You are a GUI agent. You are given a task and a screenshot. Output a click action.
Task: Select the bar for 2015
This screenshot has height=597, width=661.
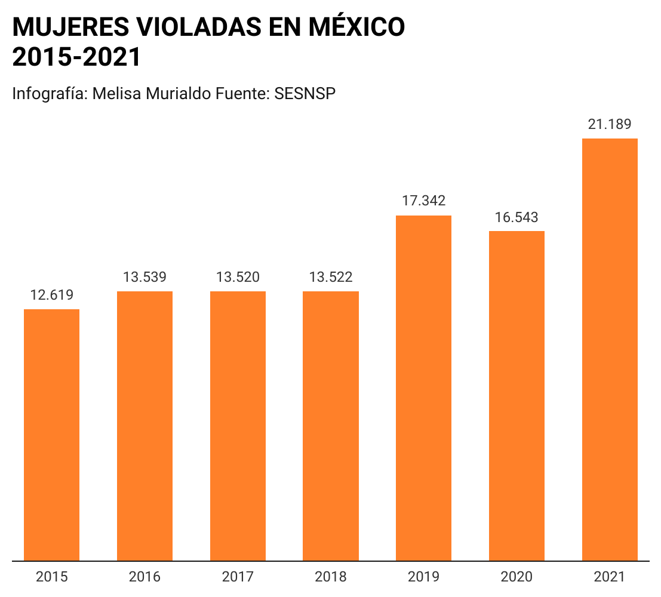[51, 435]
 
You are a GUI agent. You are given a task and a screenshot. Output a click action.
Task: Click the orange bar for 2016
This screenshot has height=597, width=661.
[145, 426]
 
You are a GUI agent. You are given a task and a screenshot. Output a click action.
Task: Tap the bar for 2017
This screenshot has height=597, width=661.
[238, 426]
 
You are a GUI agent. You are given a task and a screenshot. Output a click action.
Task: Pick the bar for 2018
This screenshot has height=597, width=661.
[331, 426]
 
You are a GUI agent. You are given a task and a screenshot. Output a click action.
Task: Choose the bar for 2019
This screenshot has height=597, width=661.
[423, 388]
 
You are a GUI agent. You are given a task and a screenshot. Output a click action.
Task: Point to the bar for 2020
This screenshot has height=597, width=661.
[516, 396]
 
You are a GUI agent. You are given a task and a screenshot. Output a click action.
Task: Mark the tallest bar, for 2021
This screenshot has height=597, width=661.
[610, 349]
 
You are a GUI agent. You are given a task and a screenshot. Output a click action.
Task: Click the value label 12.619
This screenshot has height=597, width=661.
[51, 295]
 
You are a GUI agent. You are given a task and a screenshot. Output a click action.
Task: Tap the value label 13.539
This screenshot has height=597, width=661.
[145, 277]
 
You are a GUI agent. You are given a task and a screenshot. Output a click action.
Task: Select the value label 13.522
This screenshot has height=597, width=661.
[331, 277]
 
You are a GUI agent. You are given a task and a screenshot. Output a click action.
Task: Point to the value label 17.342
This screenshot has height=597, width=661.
[423, 201]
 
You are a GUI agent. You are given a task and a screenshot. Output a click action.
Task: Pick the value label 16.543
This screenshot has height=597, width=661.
[516, 217]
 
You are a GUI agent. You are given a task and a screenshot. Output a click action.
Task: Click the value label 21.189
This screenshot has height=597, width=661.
[610, 124]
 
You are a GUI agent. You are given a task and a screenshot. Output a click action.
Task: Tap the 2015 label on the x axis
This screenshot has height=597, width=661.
[51, 577]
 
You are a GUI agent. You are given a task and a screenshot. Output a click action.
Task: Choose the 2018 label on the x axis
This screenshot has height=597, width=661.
[331, 577]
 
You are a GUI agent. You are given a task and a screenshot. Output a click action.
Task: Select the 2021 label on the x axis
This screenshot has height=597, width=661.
[610, 577]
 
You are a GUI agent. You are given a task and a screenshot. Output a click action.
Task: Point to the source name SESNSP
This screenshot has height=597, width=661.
[305, 94]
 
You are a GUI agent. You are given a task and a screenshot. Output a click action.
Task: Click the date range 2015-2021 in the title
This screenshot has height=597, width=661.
[76, 57]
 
